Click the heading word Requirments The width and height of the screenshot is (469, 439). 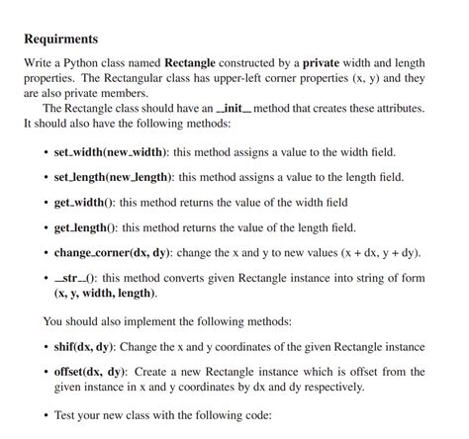(60, 39)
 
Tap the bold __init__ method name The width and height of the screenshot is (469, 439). (226, 107)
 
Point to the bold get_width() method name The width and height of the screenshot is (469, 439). (87, 202)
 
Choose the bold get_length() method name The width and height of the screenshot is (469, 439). (87, 227)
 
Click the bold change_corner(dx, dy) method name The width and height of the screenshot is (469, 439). (115, 252)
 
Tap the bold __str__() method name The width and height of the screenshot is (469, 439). (75, 279)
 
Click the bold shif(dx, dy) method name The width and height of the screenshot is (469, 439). (84, 347)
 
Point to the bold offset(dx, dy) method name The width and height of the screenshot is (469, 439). (89, 372)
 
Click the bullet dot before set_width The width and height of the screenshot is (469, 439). (46, 152)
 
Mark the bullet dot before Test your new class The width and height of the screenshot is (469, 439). (46, 416)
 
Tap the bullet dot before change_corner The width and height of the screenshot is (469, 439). (46, 253)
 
